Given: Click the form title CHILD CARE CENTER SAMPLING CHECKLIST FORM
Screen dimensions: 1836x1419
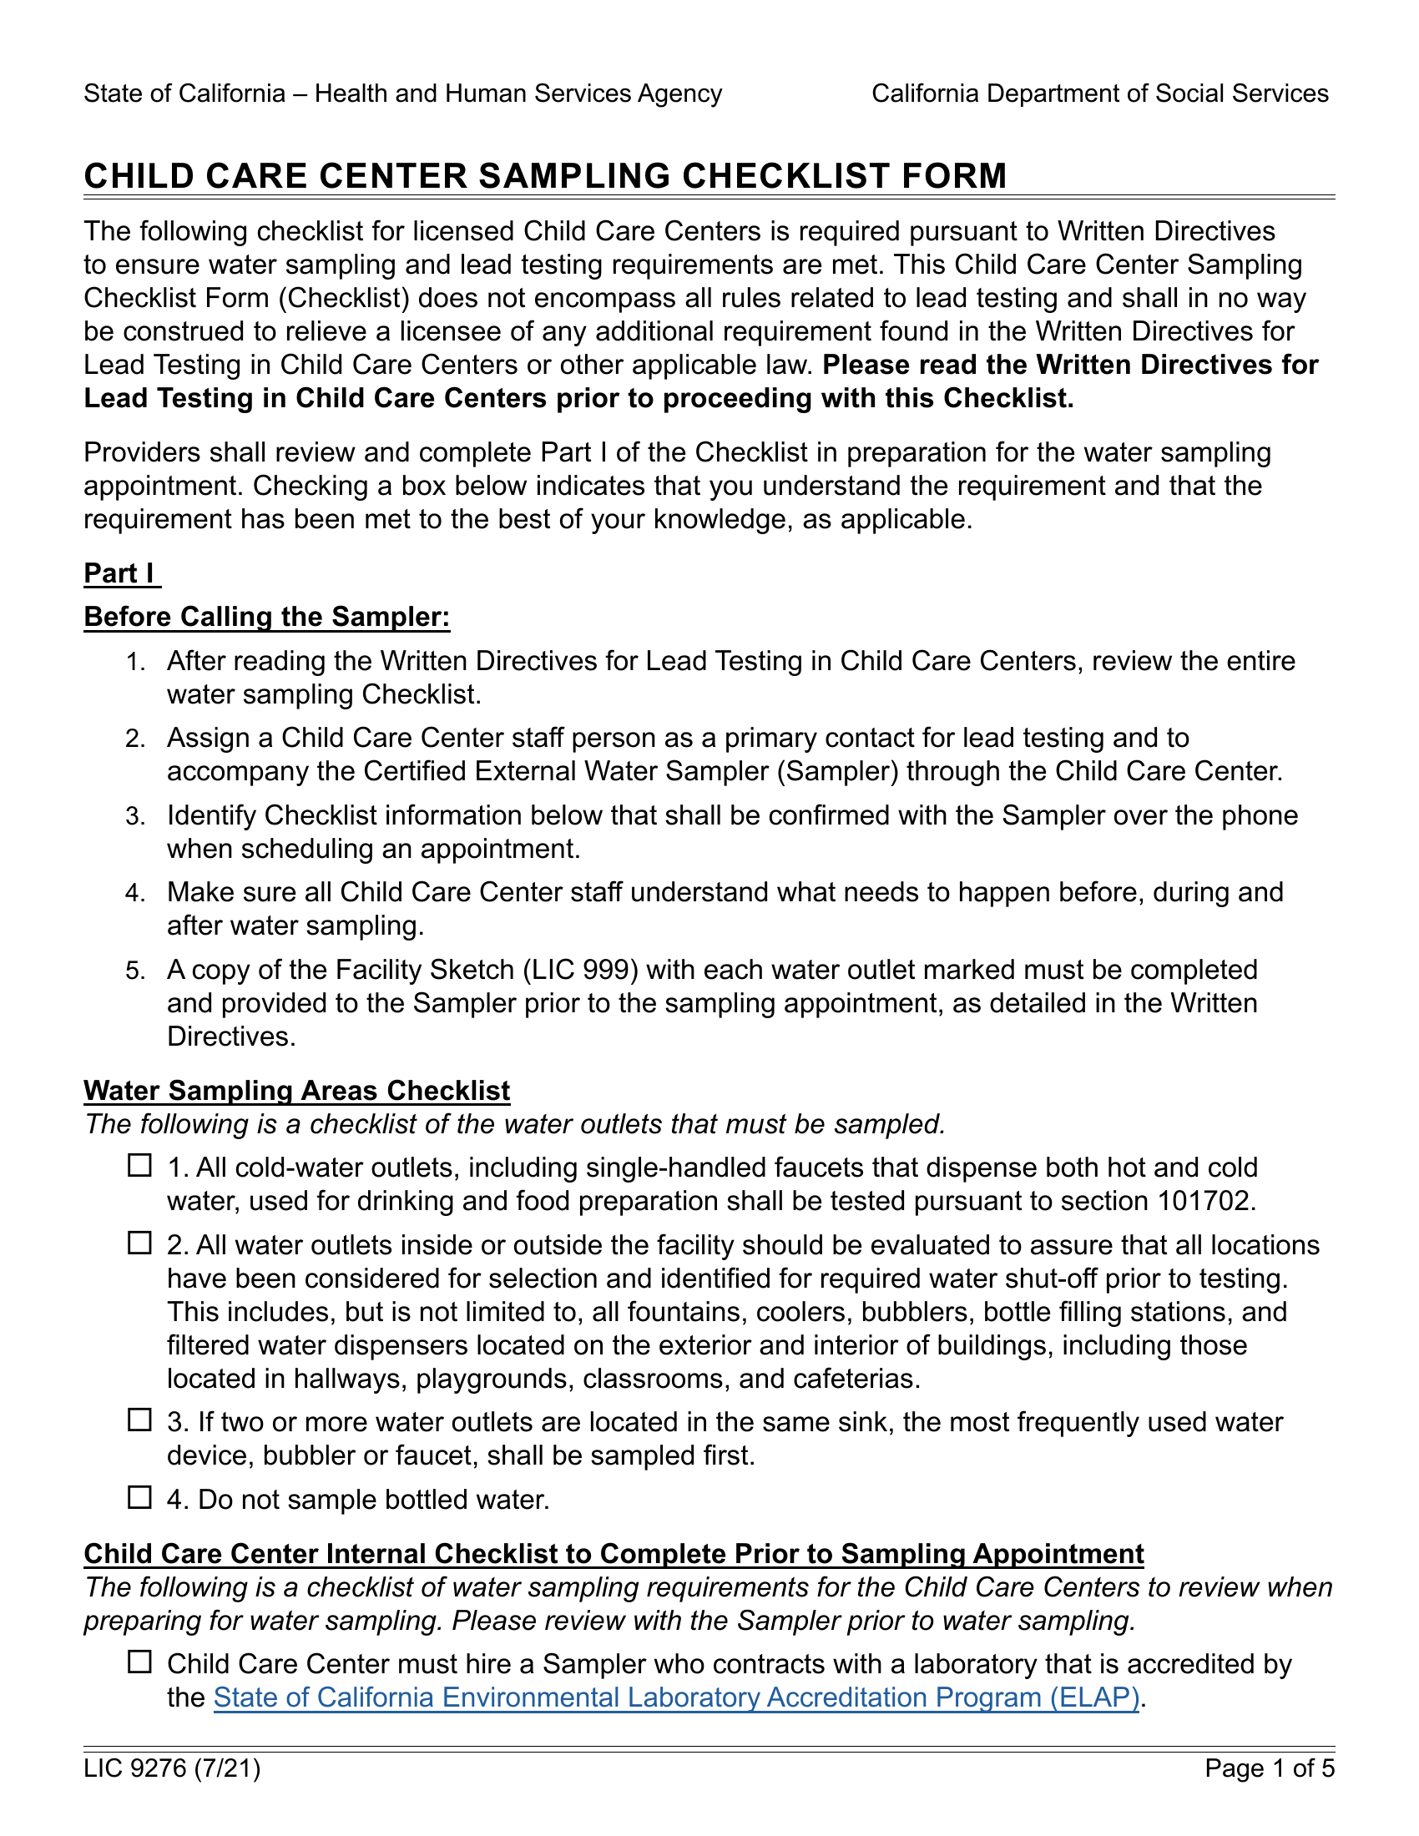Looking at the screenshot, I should tap(545, 177).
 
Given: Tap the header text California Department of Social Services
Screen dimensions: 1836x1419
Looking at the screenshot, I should tap(1099, 93).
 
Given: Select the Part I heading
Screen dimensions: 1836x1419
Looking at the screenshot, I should tap(119, 573).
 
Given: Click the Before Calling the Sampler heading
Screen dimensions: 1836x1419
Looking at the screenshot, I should tap(266, 617).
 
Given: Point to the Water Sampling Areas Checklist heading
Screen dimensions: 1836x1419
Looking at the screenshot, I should tap(297, 1091).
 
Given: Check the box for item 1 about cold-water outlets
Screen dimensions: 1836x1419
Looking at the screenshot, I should tap(139, 1166).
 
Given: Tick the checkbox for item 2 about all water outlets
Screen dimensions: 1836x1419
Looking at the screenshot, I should tap(139, 1243).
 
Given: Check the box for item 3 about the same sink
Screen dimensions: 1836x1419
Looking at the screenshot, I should tap(139, 1420).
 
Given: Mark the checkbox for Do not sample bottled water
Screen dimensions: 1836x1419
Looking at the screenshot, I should tap(139, 1497).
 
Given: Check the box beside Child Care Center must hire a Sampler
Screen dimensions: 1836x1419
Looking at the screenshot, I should tap(139, 1662).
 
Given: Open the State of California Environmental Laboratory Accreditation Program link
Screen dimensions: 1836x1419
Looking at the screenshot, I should tap(676, 1697).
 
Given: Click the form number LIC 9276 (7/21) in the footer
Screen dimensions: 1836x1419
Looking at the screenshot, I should tap(172, 1768).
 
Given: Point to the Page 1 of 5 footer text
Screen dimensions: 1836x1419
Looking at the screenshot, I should tap(1270, 1768).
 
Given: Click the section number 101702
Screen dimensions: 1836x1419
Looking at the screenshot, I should tap(1202, 1201).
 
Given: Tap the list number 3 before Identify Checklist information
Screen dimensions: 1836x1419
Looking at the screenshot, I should tap(134, 816).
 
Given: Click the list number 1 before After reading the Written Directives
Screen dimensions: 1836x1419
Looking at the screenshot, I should tap(134, 662).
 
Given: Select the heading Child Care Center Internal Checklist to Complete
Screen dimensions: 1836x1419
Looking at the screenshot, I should tap(614, 1554).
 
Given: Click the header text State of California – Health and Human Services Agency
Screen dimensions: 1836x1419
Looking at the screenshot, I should tap(402, 93).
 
